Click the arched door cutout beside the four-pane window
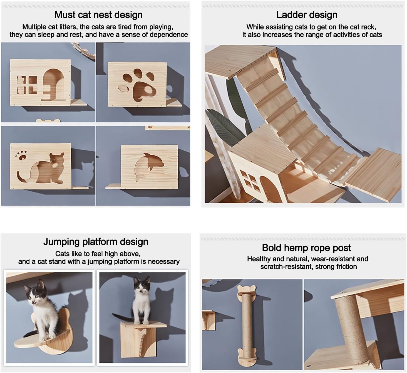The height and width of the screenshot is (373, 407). click(x=53, y=85)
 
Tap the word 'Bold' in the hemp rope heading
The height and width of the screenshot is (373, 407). click(x=272, y=248)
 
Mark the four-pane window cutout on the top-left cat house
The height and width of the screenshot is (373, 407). click(x=27, y=85)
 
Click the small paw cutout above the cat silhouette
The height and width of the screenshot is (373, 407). click(x=21, y=155)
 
